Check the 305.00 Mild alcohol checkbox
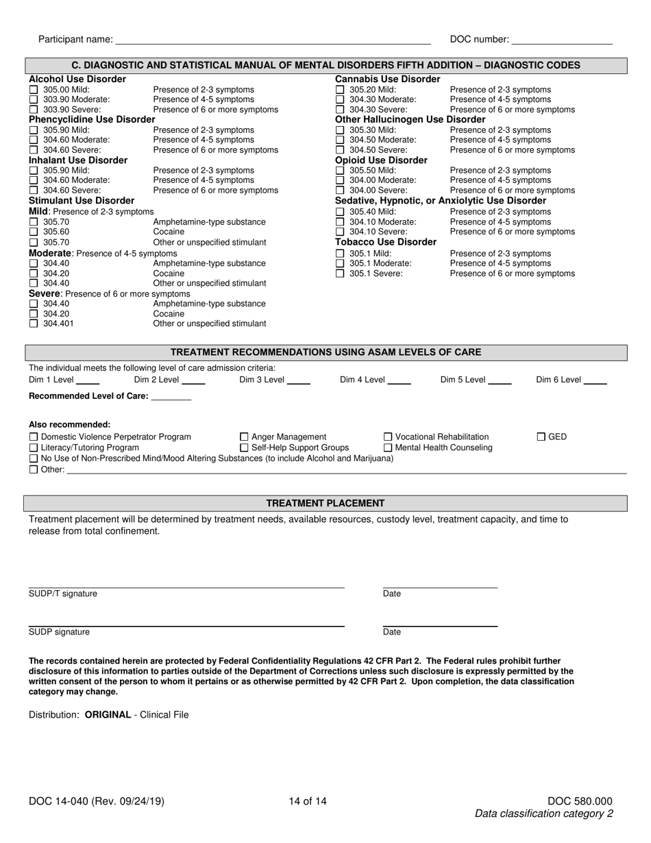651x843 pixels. (34, 90)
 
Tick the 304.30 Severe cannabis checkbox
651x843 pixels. (339, 110)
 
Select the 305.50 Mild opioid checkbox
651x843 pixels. (339, 170)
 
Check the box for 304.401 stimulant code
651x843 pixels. (34, 324)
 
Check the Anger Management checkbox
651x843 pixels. (244, 437)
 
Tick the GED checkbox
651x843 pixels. (541, 437)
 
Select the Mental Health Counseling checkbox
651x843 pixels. (388, 448)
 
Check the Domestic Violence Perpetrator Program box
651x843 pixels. (34, 437)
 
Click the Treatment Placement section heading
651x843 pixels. (325, 503)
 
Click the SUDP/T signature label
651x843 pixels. (63, 594)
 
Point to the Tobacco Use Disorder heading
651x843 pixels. (385, 242)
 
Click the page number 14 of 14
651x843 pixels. (308, 801)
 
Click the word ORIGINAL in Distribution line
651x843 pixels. (108, 714)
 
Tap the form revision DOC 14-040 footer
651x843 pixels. (97, 801)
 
